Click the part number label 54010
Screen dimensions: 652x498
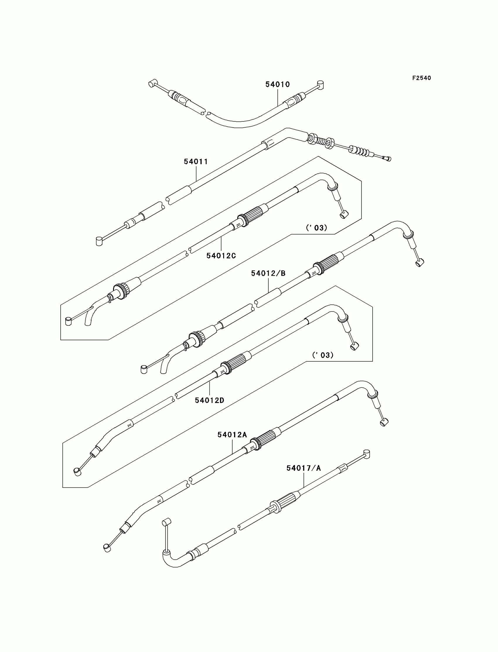point(277,84)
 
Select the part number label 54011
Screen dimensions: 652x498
point(196,162)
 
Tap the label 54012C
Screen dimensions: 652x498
point(221,256)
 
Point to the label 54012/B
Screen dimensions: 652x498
point(268,273)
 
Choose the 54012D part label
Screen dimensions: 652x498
point(209,400)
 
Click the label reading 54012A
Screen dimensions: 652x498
point(232,435)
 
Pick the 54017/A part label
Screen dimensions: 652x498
point(303,468)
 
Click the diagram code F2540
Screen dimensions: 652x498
point(422,78)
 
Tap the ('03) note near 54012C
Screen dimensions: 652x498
point(317,228)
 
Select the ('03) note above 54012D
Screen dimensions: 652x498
point(323,355)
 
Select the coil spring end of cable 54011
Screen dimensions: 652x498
point(360,151)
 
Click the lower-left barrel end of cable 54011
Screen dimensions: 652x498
point(99,241)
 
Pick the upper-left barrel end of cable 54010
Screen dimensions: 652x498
point(152,83)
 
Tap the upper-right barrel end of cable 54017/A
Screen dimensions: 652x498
point(367,454)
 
